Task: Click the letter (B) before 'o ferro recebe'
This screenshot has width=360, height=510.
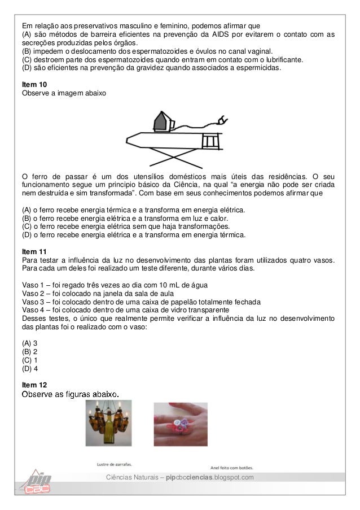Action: click(x=26, y=218)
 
